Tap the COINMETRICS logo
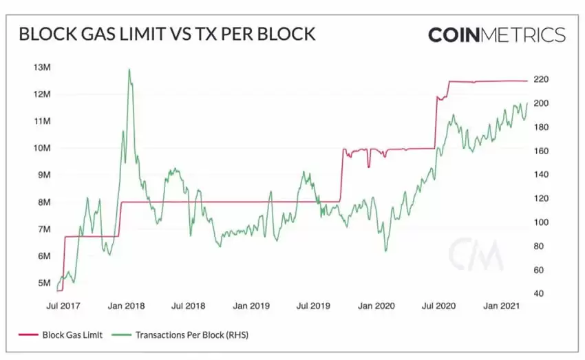point(496,34)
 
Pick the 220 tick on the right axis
point(540,79)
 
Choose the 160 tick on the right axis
point(540,151)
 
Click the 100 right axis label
point(540,222)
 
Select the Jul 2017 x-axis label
point(61,305)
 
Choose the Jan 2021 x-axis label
point(500,305)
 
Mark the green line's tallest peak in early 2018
point(129,69)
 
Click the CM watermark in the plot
point(476,255)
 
